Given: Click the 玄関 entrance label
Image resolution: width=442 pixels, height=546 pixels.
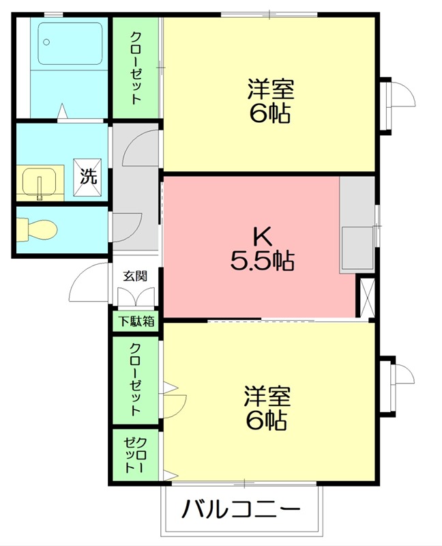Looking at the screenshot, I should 134,276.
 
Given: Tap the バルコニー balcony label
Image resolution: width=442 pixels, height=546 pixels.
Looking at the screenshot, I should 241,510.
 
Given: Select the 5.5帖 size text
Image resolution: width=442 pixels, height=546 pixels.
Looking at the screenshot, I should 263,260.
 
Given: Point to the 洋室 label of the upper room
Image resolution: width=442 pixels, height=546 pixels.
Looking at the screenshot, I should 270,89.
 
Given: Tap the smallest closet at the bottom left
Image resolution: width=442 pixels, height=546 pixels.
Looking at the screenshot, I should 134,455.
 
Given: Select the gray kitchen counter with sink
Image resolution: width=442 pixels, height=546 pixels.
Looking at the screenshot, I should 357,225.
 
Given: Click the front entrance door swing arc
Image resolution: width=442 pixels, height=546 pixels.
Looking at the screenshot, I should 89,283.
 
